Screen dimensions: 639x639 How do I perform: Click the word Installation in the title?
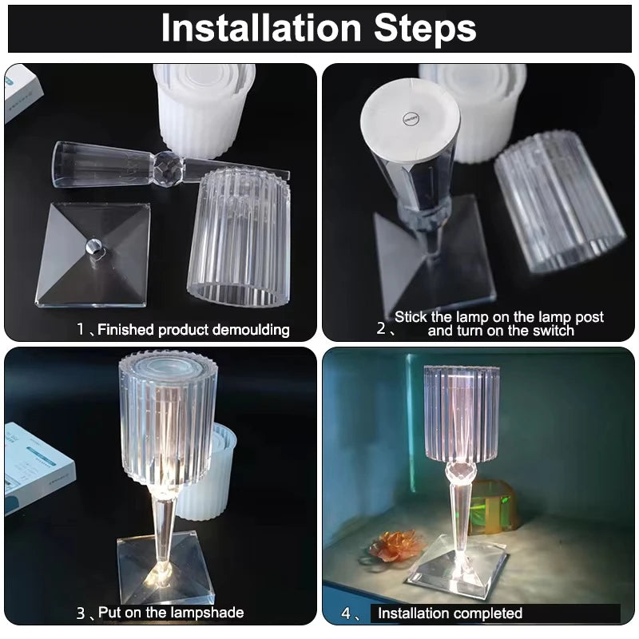tap(261, 28)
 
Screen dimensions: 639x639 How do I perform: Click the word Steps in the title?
tap(425, 28)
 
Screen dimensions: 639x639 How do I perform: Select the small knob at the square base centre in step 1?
tap(93, 247)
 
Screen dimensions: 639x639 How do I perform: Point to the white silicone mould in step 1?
tap(204, 109)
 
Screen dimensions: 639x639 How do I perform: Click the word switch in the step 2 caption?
tap(554, 331)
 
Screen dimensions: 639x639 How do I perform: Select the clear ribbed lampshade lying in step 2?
tap(560, 201)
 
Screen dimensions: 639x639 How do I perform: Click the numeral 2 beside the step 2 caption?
tap(381, 328)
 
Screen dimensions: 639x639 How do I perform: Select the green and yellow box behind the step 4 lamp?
tap(492, 506)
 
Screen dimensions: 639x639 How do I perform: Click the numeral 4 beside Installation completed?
tap(346, 613)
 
